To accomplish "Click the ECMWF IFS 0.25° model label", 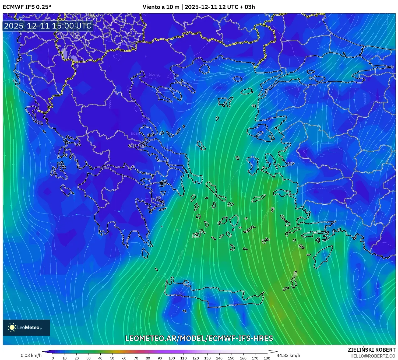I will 27,7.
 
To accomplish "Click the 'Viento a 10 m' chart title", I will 161,7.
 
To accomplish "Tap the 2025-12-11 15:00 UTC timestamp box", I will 48,26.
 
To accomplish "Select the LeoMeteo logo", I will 26,327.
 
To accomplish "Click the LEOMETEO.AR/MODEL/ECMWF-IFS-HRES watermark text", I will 199,338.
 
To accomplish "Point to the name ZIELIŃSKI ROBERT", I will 372,350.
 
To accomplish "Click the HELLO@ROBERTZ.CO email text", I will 373,356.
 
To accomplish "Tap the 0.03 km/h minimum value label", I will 31,355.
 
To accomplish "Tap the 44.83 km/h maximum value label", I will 288,355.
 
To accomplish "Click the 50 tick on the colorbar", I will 112,358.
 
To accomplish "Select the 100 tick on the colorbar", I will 172,358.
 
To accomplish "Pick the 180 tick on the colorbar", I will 267,358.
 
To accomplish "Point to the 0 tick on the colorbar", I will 53,358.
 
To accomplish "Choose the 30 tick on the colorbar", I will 89,358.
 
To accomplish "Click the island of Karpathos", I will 294,280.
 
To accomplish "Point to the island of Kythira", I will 146,253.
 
